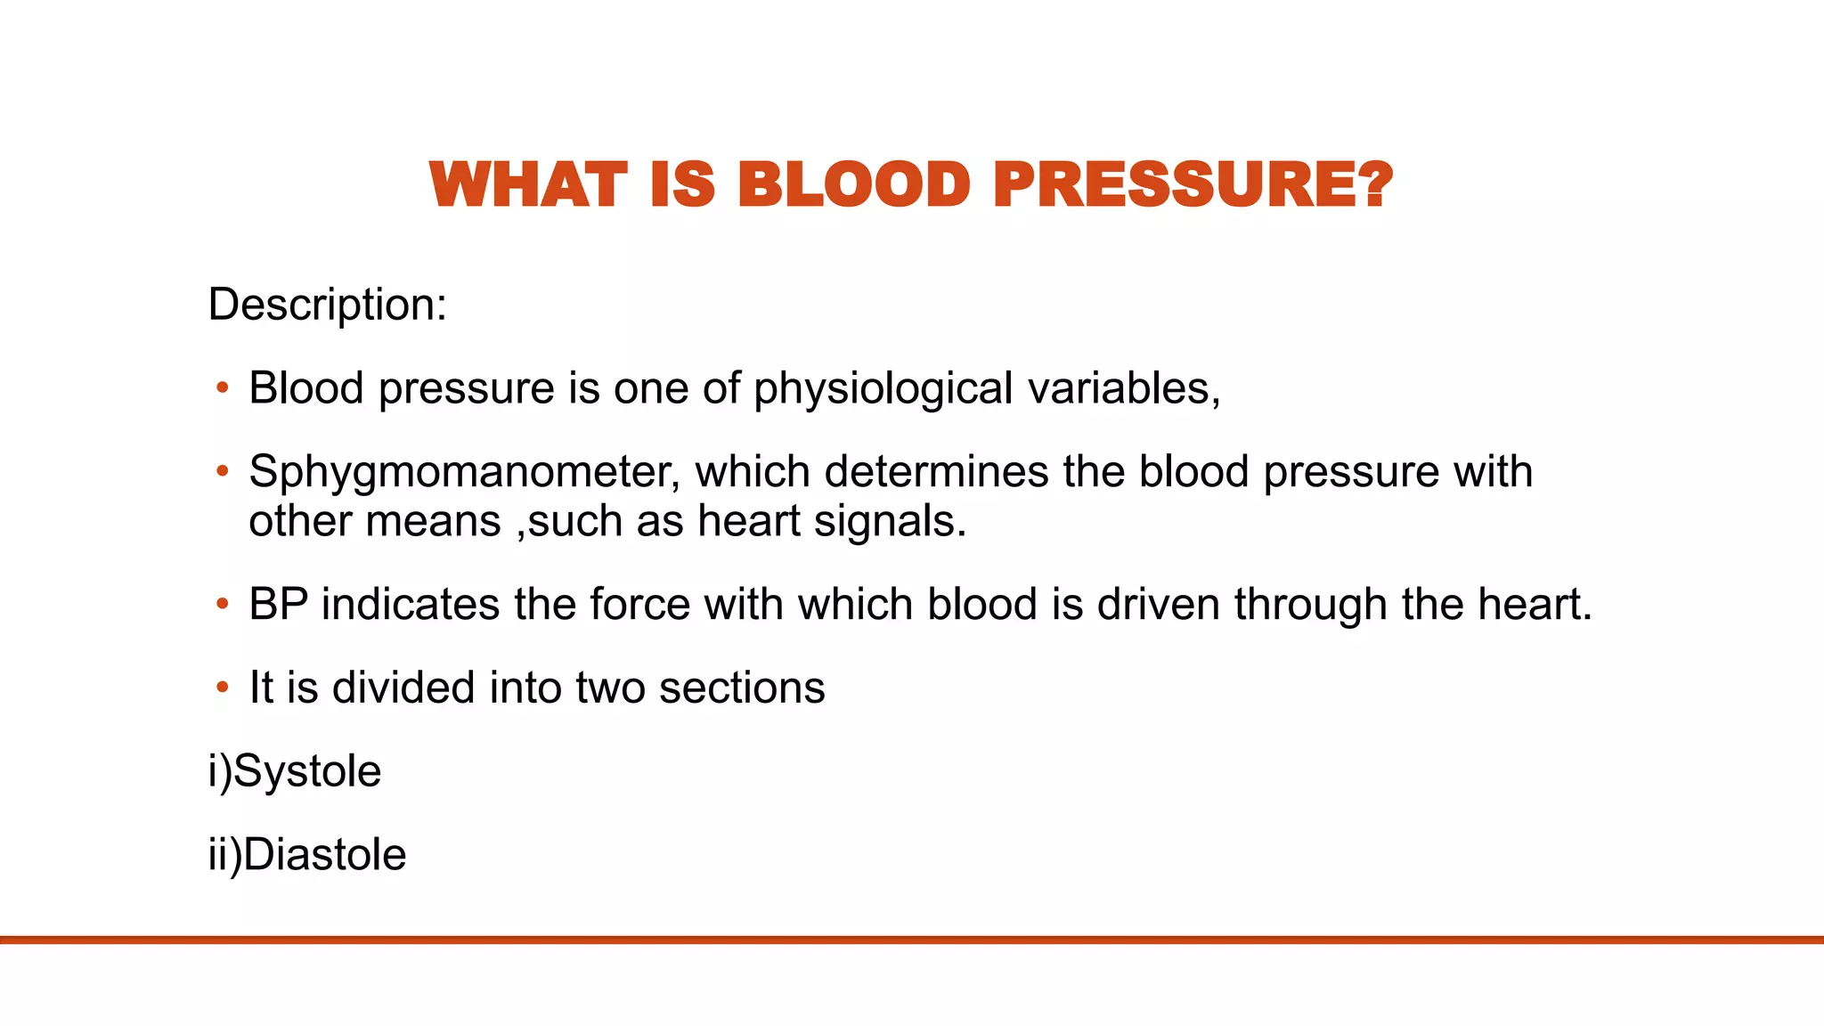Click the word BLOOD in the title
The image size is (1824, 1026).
pyautogui.click(x=852, y=185)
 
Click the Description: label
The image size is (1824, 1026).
pyautogui.click(x=327, y=305)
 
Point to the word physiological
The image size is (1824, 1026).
pyautogui.click(x=883, y=389)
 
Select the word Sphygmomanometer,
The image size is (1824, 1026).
pyautogui.click(x=464, y=472)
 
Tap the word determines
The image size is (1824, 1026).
pyautogui.click(x=936, y=471)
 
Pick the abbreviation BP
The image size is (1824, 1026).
pyautogui.click(x=278, y=604)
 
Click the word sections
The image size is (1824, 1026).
pyautogui.click(x=741, y=688)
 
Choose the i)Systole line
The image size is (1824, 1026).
pyautogui.click(x=294, y=771)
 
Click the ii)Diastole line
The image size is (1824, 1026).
pyautogui.click(x=306, y=855)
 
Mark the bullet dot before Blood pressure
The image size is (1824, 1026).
pyautogui.click(x=222, y=388)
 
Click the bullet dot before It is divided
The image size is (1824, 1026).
pyautogui.click(x=222, y=688)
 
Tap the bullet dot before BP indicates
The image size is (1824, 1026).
pyautogui.click(x=222, y=605)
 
